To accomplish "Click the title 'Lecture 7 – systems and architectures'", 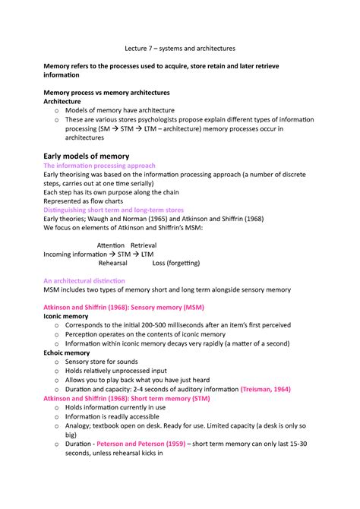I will pyautogui.click(x=180, y=47).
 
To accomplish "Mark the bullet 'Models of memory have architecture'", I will pyautogui.click(x=120, y=110).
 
